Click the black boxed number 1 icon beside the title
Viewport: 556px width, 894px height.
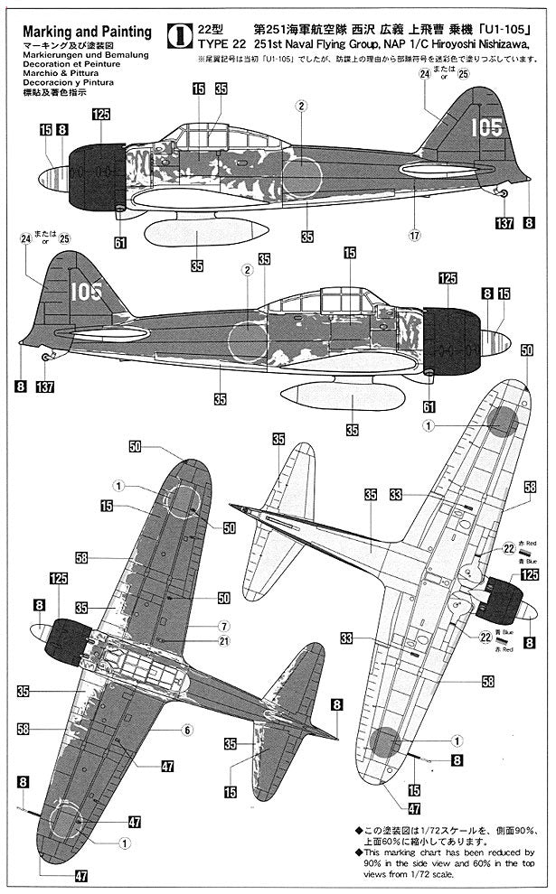(181, 35)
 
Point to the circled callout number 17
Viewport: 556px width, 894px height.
(415, 238)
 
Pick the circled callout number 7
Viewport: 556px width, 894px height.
(223, 625)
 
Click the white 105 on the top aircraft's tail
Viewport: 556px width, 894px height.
(488, 127)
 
